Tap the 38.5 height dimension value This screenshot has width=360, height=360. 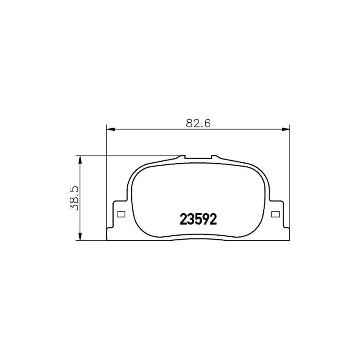coord(74,198)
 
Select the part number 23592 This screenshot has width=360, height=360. coord(198,219)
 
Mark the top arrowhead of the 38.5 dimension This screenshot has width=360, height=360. coord(80,159)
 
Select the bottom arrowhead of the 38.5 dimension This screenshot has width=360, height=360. coord(80,236)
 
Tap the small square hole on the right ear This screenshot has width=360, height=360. coord(275,214)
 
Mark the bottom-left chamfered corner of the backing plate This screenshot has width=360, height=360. coord(108,230)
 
